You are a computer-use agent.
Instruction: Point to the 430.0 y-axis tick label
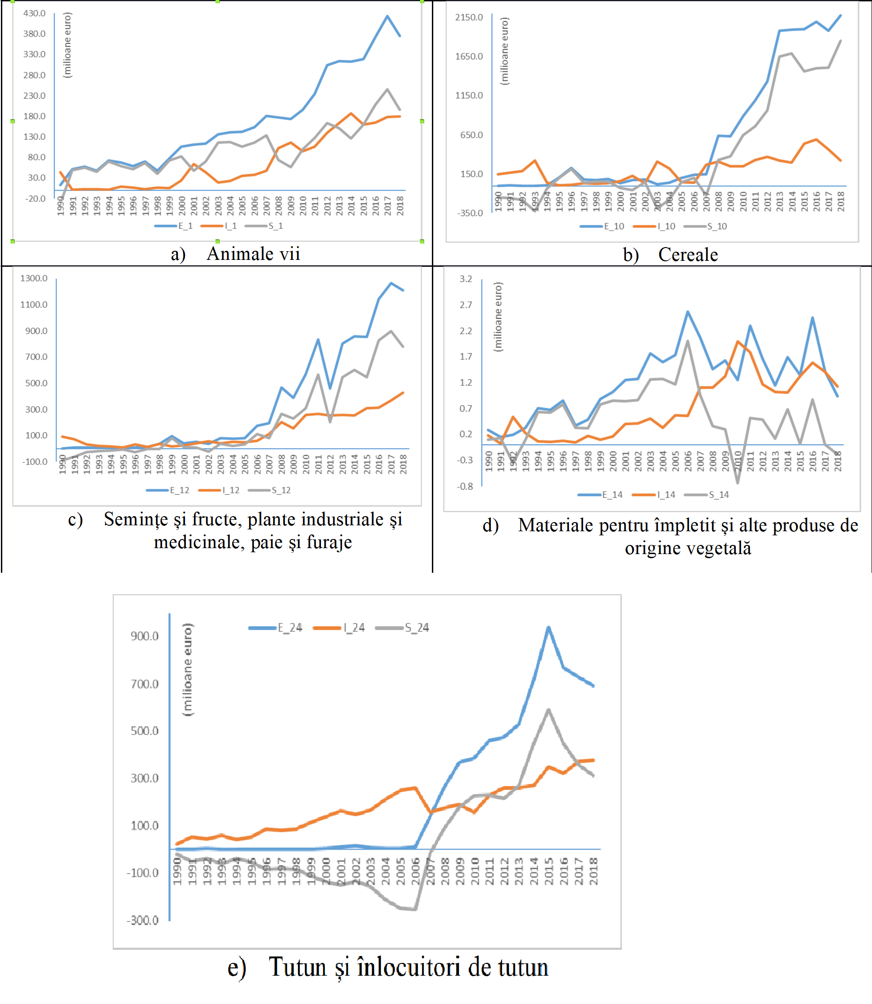35,13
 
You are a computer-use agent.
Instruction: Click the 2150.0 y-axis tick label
469,17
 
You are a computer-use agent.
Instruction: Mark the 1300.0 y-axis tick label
34,279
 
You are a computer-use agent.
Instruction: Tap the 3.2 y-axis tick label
466,279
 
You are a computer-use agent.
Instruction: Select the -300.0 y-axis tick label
142,920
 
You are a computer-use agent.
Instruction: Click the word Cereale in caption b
688,254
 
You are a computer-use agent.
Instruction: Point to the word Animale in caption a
234,254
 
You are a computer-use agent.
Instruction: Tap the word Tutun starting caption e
297,967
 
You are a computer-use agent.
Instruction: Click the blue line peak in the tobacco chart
548,628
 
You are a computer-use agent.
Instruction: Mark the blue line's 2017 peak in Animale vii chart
387,16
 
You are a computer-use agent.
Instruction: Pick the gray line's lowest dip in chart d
738,482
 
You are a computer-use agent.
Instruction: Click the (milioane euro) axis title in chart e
187,670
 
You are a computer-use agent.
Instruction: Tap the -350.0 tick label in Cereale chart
470,213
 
